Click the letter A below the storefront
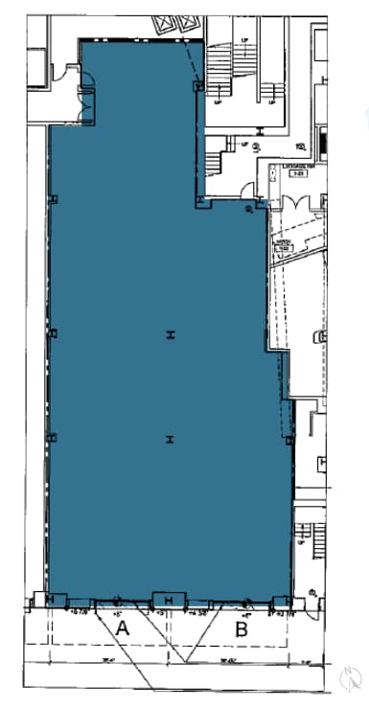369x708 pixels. click(122, 628)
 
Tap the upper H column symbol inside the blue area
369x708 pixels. click(170, 334)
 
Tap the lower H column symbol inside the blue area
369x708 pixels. click(170, 440)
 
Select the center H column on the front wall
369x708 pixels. click(169, 601)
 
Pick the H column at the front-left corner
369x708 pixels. click(49, 600)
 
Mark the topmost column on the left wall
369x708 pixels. click(54, 199)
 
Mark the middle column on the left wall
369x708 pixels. click(54, 334)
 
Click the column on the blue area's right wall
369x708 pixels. click(289, 440)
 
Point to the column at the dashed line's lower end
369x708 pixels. click(198, 87)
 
